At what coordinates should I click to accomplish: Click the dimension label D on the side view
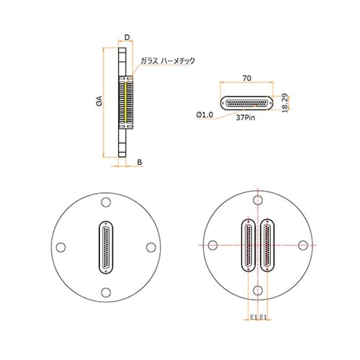coord(127,37)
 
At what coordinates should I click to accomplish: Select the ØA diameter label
coord(99,101)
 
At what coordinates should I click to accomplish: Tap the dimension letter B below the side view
coord(140,162)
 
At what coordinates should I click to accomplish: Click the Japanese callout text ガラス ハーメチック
coord(168,60)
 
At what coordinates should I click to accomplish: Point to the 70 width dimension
coord(247,78)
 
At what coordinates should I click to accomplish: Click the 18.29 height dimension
coord(284,103)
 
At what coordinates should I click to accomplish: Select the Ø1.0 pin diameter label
coord(204,115)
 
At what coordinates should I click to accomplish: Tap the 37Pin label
coord(246,117)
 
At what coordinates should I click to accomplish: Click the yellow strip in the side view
coord(126,102)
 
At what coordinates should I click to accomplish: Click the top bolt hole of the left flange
coord(106,202)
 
